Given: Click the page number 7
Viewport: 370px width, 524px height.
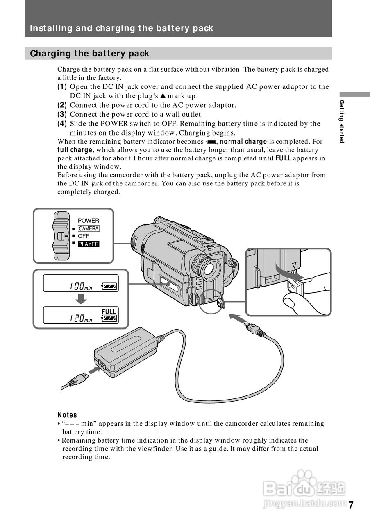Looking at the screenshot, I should click(x=351, y=505).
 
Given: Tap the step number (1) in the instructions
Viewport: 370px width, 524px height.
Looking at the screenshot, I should click(x=62, y=87).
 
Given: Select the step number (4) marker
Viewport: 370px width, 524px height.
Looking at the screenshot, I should click(x=62, y=124).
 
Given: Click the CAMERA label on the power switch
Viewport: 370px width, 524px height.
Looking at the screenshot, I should click(x=89, y=228).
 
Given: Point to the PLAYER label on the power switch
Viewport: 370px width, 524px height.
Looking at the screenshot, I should click(x=89, y=244).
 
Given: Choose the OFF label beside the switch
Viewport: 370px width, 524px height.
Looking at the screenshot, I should click(x=83, y=236).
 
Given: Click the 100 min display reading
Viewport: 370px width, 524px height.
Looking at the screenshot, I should click(x=80, y=287).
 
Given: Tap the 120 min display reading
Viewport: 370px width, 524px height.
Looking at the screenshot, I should click(x=80, y=318).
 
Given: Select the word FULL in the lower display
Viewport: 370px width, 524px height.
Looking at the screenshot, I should click(x=109, y=312).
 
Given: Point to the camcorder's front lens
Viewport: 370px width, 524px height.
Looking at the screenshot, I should click(x=210, y=268).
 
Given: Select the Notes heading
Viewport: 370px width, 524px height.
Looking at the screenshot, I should click(x=67, y=415).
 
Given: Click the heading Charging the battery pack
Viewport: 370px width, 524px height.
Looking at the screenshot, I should click(x=89, y=54).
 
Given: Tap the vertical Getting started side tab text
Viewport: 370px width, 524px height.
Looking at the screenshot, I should click(x=342, y=121).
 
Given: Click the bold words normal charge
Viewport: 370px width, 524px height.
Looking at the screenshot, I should click(x=243, y=142).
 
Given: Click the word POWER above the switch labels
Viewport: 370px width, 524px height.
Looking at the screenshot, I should click(x=89, y=221).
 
